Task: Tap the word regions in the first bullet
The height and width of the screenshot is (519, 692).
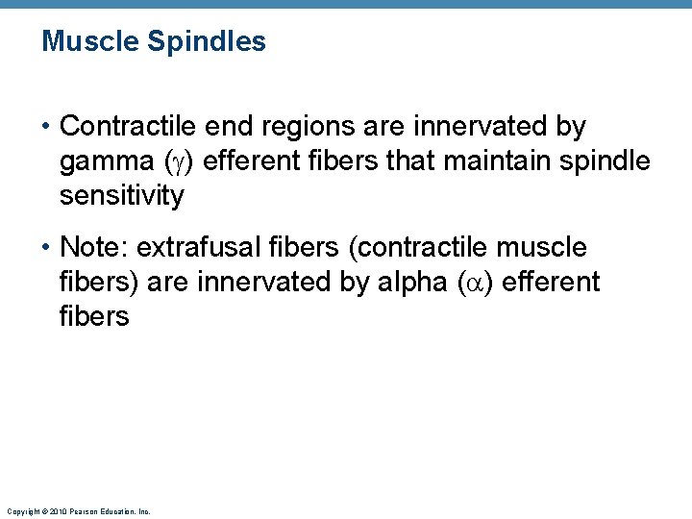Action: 323,127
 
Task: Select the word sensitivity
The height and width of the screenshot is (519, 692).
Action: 121,196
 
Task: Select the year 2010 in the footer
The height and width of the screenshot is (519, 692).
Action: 59,511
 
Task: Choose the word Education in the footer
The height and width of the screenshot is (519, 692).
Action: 118,511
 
